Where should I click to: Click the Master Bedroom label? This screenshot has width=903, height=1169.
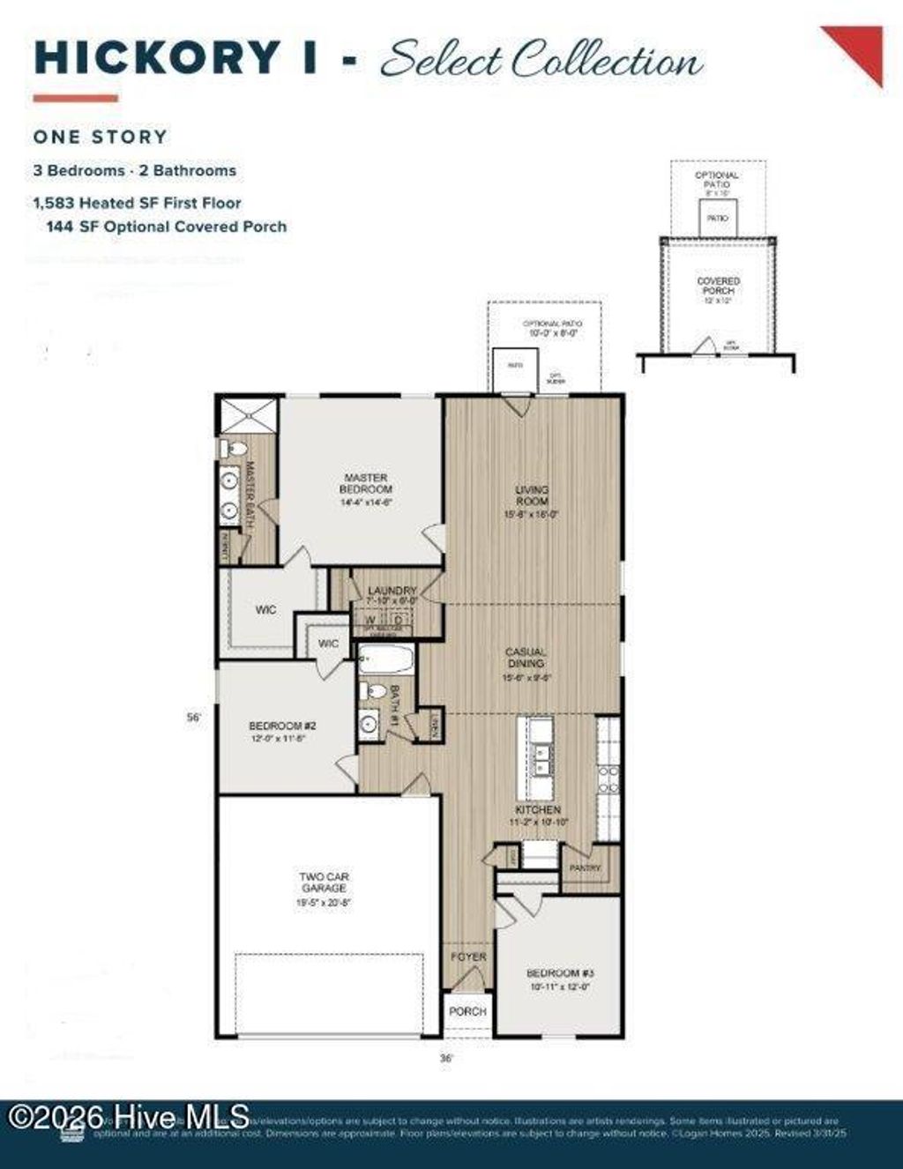(x=367, y=484)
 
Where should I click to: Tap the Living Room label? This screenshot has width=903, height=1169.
(x=532, y=495)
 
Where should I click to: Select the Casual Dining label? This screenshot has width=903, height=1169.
(x=526, y=658)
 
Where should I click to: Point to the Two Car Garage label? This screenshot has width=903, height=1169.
(x=325, y=882)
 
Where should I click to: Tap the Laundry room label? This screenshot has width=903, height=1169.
(x=392, y=591)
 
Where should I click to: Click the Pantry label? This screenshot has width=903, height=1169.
(x=585, y=868)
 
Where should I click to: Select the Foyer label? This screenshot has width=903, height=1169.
(x=468, y=957)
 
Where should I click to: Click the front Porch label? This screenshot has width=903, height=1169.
(x=467, y=1011)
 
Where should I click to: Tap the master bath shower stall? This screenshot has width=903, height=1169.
(x=249, y=415)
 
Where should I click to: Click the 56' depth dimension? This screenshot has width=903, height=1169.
(x=195, y=718)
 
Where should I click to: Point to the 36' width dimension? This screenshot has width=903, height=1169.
(x=447, y=1057)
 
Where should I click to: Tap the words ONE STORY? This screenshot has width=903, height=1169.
(x=101, y=137)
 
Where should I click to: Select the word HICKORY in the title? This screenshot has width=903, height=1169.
(x=156, y=58)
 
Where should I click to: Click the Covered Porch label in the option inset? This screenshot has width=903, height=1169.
(x=719, y=286)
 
